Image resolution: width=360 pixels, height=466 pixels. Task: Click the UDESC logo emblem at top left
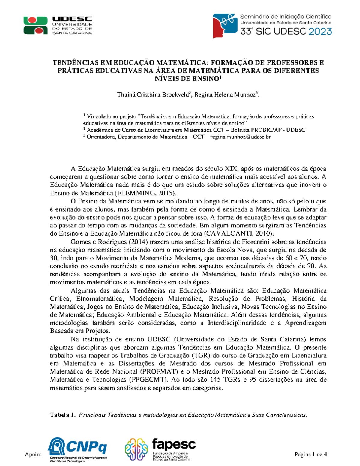tap(36, 25)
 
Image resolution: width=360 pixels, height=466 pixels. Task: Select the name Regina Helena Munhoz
tap(224, 95)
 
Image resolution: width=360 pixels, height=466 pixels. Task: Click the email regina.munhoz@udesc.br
tap(241, 137)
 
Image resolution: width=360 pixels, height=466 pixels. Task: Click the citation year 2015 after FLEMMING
tap(166, 193)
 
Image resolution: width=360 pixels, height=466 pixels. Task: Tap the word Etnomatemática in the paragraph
tap(100, 299)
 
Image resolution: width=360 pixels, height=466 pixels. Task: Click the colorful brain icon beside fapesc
tap(136, 449)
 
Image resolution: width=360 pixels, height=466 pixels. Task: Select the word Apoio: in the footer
tap(33, 455)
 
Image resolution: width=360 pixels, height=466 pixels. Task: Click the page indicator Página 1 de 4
tap(311, 454)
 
